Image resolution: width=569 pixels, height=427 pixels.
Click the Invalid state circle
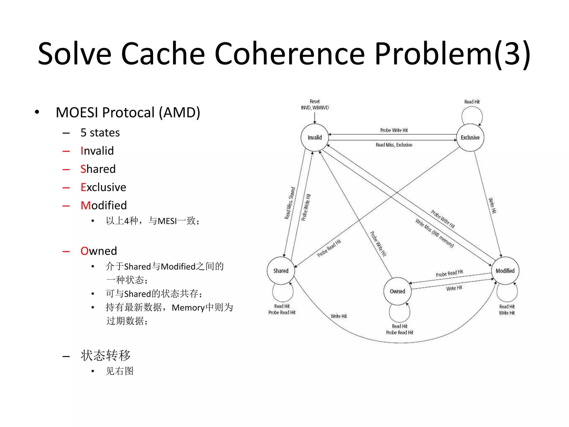[x=315, y=137]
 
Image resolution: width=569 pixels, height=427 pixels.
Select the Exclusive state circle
[x=470, y=137]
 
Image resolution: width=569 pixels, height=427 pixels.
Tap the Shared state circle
[x=281, y=271]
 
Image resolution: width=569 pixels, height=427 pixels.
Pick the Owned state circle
[x=397, y=291]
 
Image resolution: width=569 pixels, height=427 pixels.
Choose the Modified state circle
[x=505, y=271]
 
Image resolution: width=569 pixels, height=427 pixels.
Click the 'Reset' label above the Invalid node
[x=315, y=101]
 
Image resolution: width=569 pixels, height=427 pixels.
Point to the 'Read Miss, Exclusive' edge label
[x=394, y=145]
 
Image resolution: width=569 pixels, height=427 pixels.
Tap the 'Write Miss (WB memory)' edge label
[x=434, y=233]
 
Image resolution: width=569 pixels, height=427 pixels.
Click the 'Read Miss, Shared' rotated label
[x=290, y=203]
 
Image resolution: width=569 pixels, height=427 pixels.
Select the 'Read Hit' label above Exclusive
[x=472, y=102]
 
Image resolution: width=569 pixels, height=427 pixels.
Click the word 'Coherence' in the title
[x=290, y=53]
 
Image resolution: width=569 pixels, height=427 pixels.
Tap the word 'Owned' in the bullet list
[x=99, y=251]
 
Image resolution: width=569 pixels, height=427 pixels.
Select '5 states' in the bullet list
[x=100, y=133]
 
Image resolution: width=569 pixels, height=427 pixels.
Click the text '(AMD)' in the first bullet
[x=179, y=113]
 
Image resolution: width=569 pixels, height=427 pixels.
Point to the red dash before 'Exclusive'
[x=66, y=188]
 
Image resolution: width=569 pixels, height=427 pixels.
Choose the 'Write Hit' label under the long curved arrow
[x=339, y=316]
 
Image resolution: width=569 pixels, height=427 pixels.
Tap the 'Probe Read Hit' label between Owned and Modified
[x=449, y=273]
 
